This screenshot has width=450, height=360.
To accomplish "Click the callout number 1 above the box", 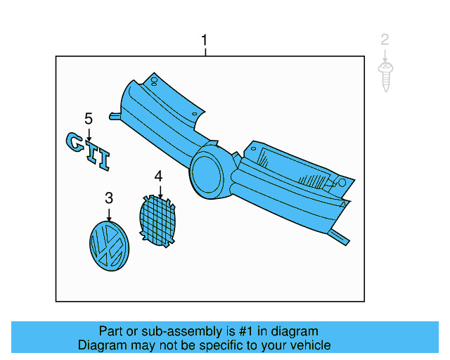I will pos(205,40).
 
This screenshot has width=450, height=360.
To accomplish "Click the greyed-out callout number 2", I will pos(385,39).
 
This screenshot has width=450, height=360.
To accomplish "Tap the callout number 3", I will pos(109,198).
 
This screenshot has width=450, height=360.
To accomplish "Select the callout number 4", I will pos(159,175).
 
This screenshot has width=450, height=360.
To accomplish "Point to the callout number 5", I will pos(89,117).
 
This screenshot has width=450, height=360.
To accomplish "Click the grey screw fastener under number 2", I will pos(385,76).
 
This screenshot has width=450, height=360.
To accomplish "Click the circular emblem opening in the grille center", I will pos(209,171).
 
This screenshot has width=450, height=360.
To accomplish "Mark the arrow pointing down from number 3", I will pos(109,214).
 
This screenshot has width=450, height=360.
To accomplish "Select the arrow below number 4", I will pos(160,190).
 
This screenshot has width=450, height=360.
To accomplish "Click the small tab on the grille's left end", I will pos(114,115).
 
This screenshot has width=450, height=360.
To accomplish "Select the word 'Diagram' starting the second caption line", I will pos(101,345).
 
